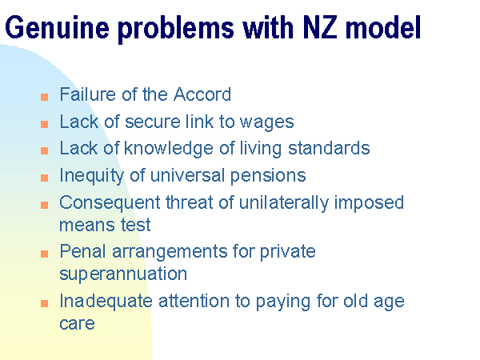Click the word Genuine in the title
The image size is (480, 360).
coord(58,28)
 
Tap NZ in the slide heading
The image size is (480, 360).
coord(320,27)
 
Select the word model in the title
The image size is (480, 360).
coord(383,27)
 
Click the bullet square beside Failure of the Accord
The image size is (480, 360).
coord(44,97)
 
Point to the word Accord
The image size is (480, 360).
coord(202,94)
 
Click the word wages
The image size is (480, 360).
coord(266,122)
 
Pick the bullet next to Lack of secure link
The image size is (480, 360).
coord(44,124)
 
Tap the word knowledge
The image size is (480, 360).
coord(168,149)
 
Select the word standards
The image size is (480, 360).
coord(329,148)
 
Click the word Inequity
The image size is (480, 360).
coord(91,175)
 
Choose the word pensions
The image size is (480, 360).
coord(268,176)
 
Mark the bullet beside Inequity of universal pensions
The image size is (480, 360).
coord(44,178)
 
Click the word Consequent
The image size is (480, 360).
coord(110,202)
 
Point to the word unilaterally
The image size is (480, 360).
coord(284,202)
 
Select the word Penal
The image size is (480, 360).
coord(82,251)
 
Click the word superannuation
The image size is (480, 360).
coord(123,274)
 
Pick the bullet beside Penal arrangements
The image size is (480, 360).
coord(44,254)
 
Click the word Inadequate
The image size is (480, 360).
coord(106,301)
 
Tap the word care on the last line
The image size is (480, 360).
coord(77,324)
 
